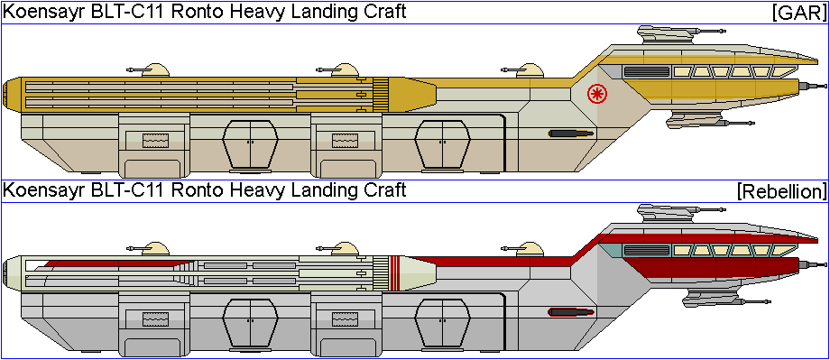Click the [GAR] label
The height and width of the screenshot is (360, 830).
[798, 13]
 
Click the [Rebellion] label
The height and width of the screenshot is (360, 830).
[781, 191]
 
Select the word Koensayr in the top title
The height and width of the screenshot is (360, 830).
[41, 12]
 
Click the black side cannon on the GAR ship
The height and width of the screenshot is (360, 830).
[571, 134]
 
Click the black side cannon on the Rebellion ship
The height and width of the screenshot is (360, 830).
[571, 311]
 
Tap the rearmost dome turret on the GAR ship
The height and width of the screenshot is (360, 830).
[155, 70]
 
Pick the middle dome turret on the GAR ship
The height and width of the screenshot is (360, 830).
[346, 70]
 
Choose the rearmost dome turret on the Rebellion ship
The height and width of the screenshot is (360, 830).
[155, 249]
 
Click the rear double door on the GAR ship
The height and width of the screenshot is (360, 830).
[250, 143]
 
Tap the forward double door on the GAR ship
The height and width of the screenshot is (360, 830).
[442, 143]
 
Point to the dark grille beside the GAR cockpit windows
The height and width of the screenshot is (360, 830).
[646, 71]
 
